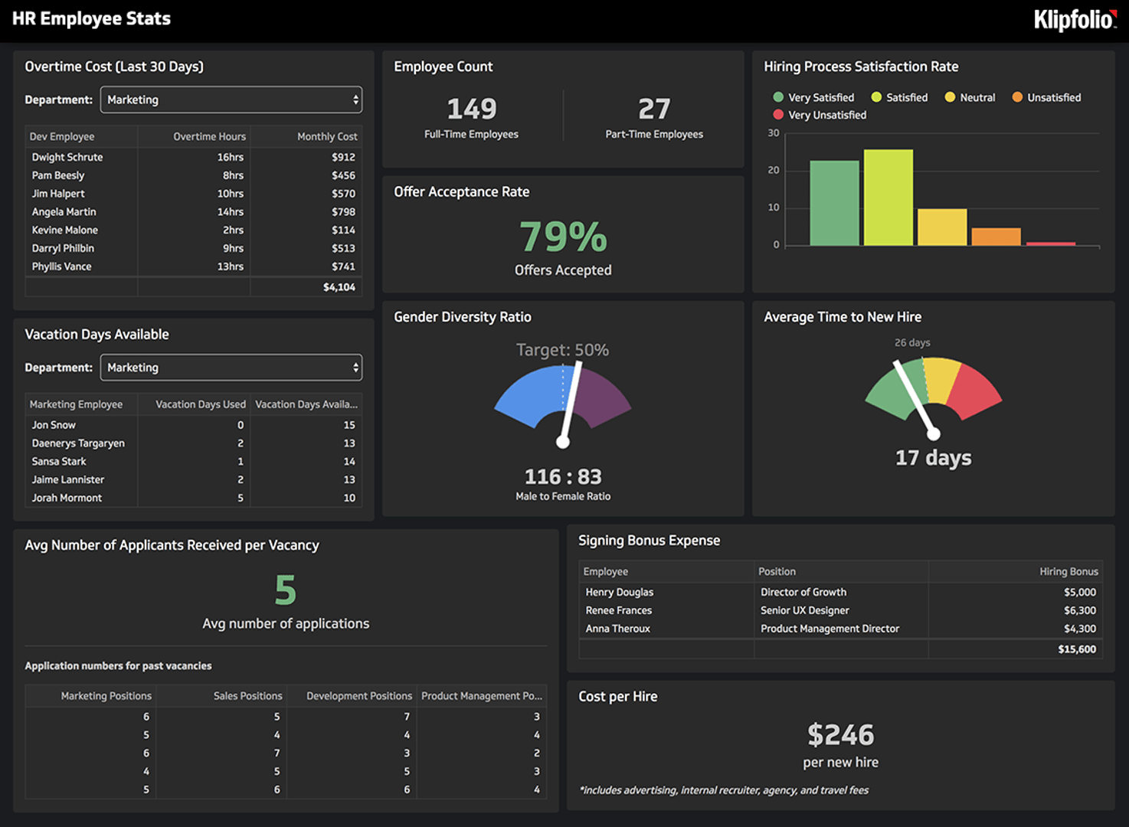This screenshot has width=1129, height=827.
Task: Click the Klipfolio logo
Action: point(1074,19)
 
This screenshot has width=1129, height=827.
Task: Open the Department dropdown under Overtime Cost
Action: point(231,100)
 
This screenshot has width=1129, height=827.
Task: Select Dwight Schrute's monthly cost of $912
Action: point(343,157)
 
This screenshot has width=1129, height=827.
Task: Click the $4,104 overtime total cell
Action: point(339,287)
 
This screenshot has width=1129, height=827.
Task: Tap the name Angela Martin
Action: point(64,212)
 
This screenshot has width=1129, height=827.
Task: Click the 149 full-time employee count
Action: point(472,109)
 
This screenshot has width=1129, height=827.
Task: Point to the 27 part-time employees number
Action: point(654,109)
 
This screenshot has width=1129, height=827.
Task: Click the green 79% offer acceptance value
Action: point(563,237)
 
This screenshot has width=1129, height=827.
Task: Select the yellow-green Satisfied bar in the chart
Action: point(888,198)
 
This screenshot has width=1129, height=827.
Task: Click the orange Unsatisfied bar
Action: point(996,237)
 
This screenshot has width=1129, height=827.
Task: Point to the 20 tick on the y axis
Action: point(774,170)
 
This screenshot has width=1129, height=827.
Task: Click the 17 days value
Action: point(933,458)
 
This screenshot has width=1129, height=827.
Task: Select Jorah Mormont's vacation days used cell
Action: point(241,498)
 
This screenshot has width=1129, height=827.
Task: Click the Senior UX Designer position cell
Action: point(804,610)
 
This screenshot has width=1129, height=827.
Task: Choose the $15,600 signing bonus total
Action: point(1076,649)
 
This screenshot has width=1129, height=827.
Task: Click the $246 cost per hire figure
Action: point(840,735)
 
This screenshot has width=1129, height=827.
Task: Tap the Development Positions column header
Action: point(358,696)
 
